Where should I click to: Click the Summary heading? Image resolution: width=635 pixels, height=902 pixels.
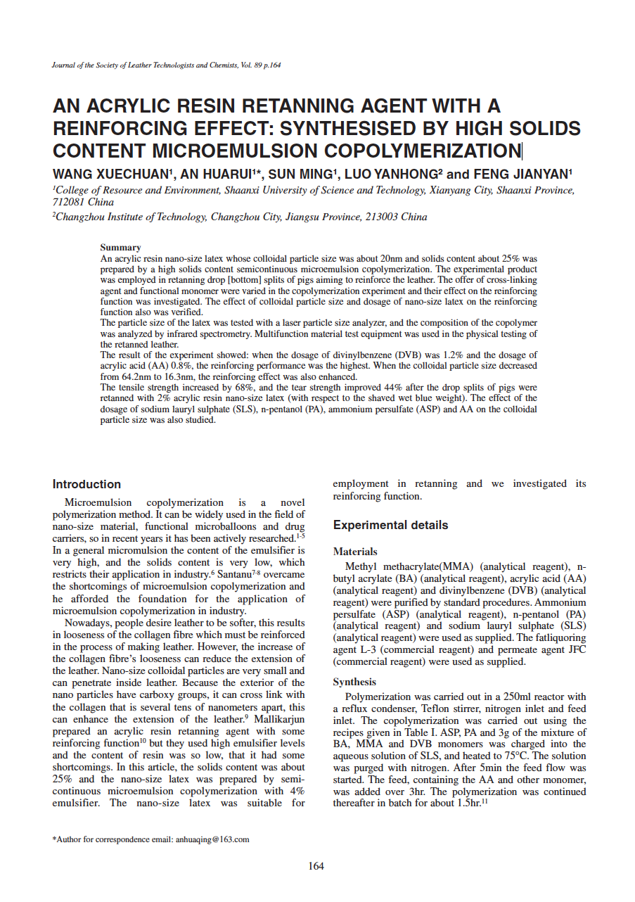click(x=120, y=248)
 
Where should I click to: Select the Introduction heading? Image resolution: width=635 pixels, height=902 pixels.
click(x=86, y=484)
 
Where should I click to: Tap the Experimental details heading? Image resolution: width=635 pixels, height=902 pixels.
click(x=390, y=525)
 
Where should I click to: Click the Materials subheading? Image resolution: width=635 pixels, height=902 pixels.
click(x=355, y=552)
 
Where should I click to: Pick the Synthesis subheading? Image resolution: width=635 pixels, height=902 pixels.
click(x=354, y=682)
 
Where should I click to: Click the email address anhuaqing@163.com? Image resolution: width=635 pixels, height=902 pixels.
click(x=212, y=839)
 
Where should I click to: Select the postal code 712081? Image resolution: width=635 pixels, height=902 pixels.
click(x=70, y=202)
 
